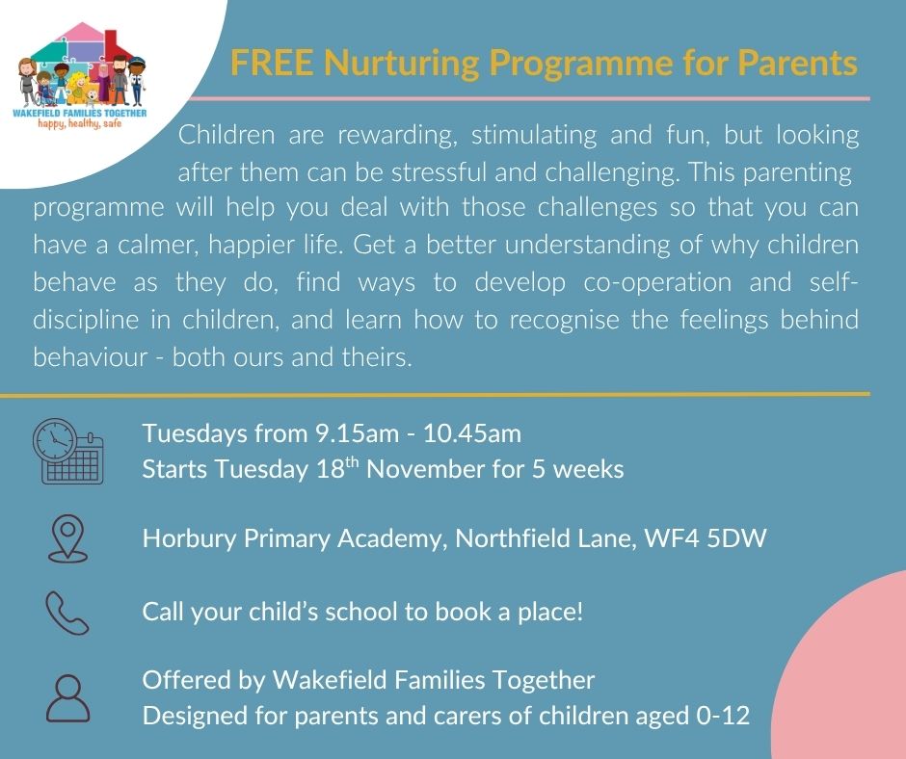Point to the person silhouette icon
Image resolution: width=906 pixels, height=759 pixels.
click(x=67, y=697)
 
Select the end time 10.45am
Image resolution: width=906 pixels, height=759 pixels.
click(x=468, y=433)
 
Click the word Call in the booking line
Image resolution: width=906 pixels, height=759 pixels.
click(x=162, y=612)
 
